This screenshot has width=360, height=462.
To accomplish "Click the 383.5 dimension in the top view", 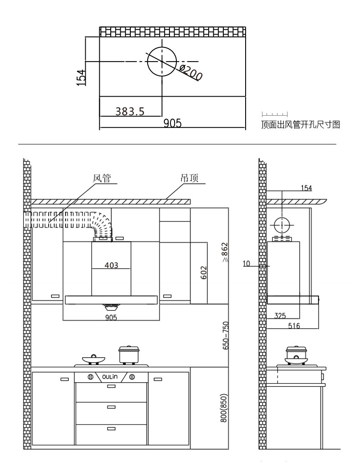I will (130, 111).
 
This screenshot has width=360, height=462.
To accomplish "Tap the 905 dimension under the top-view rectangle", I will (172, 123).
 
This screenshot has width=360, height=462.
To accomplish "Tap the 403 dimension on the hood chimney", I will (111, 266).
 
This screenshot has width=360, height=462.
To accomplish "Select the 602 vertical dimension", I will (204, 273).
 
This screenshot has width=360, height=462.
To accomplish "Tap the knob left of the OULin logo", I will (90, 377).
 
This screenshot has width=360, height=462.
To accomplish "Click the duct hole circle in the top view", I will (162, 62).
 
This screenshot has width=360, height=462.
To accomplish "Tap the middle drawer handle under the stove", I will (111, 407).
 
